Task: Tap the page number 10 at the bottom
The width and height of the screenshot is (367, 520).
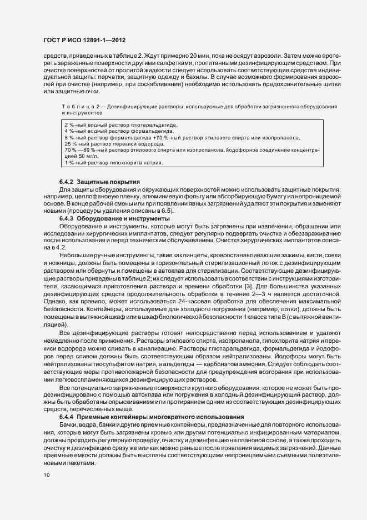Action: pos(46,475)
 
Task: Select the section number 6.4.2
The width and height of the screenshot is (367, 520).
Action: pos(67,182)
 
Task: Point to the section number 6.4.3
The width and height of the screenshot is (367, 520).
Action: pos(67,218)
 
